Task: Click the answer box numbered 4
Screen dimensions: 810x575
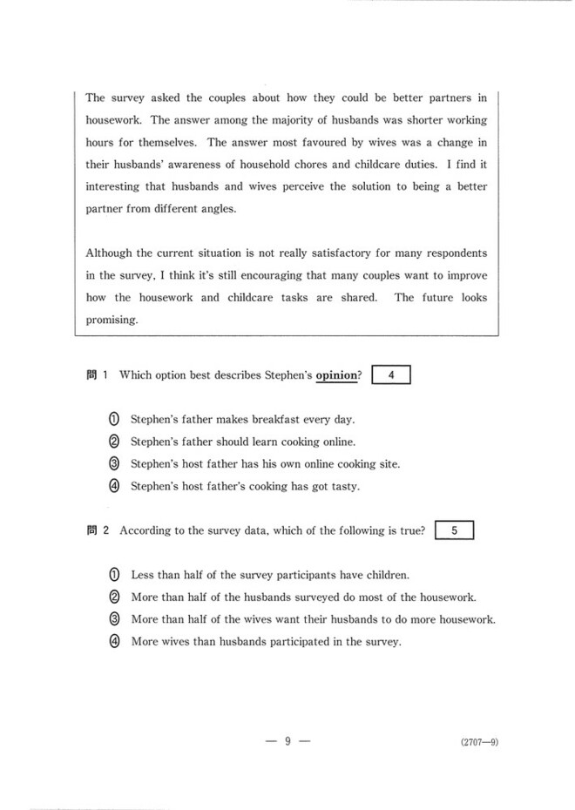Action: tap(390, 375)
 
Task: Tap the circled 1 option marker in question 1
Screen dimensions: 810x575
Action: tap(114, 419)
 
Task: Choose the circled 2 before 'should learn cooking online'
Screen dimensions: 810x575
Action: tap(114, 442)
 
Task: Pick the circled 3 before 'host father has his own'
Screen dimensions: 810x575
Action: tap(114, 464)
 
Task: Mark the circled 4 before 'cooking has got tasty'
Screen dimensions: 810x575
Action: tap(114, 487)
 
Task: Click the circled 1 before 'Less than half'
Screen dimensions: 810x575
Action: tap(114, 575)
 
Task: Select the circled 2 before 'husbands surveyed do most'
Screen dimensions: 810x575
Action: tap(114, 597)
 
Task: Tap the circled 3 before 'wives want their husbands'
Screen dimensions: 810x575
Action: tap(114, 620)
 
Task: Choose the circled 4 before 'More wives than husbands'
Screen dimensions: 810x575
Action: tap(114, 643)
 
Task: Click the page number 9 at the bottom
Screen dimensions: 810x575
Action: tap(287, 741)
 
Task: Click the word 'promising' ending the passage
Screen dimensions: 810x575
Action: tap(112, 320)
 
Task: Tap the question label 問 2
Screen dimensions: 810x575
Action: tap(98, 530)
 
